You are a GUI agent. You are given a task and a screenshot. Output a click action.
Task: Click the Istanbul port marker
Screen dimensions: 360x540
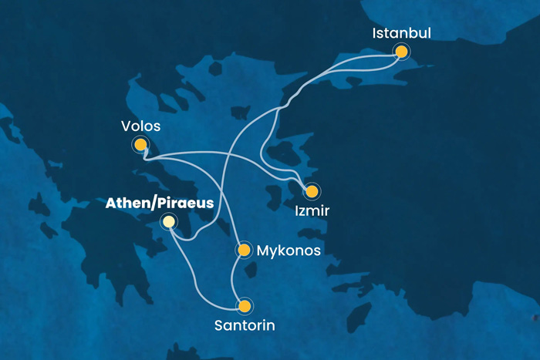[401, 52]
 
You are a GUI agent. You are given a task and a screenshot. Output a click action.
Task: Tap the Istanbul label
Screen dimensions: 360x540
[401, 33]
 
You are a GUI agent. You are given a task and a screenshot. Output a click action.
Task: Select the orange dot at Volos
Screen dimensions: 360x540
[140, 144]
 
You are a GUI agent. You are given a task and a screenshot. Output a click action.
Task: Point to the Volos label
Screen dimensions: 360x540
[140, 124]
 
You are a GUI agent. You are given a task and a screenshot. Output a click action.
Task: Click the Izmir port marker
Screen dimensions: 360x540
[312, 191]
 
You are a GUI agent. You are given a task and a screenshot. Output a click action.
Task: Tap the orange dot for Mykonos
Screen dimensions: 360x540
[244, 250]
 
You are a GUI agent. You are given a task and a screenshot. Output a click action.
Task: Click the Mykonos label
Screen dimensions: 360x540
[288, 250]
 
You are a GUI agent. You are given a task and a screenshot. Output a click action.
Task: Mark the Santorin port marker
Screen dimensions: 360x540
[245, 306]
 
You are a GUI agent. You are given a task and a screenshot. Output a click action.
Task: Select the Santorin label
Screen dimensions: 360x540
[244, 325]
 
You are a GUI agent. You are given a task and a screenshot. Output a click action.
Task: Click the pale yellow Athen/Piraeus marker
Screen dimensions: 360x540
[169, 222]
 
